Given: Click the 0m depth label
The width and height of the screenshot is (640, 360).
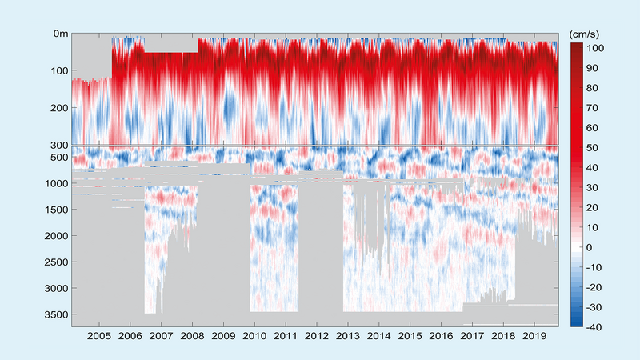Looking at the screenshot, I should point(58,34).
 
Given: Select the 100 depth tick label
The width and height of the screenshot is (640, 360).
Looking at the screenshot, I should point(57,70).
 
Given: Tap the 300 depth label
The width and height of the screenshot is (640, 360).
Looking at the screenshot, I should point(57,145).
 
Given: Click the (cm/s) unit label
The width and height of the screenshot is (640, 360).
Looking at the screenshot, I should point(586,34).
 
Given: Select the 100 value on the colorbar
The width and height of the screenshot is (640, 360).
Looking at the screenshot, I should point(598,48).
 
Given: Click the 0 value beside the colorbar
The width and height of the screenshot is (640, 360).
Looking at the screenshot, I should point(592,247).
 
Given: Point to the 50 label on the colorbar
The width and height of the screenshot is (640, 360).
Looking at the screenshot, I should point(595,148).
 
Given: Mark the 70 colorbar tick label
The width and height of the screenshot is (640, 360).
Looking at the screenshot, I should point(595,108).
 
